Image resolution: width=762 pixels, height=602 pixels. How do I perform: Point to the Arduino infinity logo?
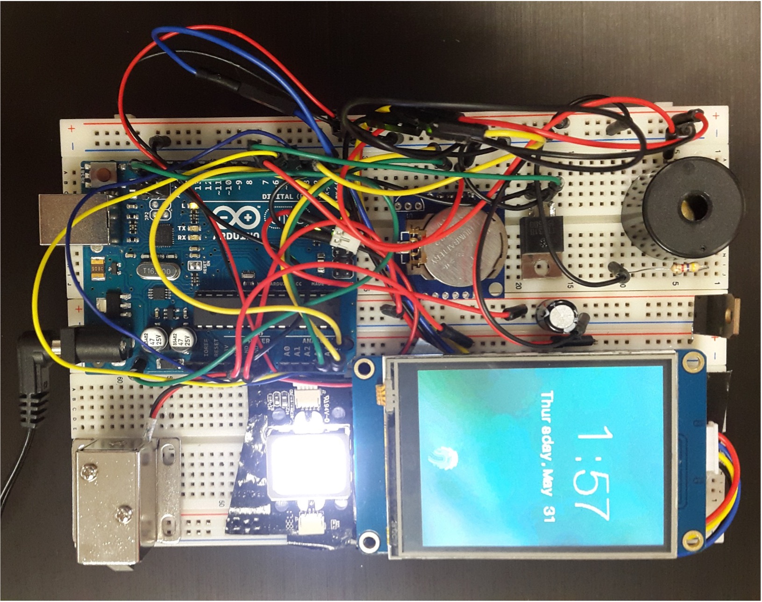(x=238, y=217)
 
